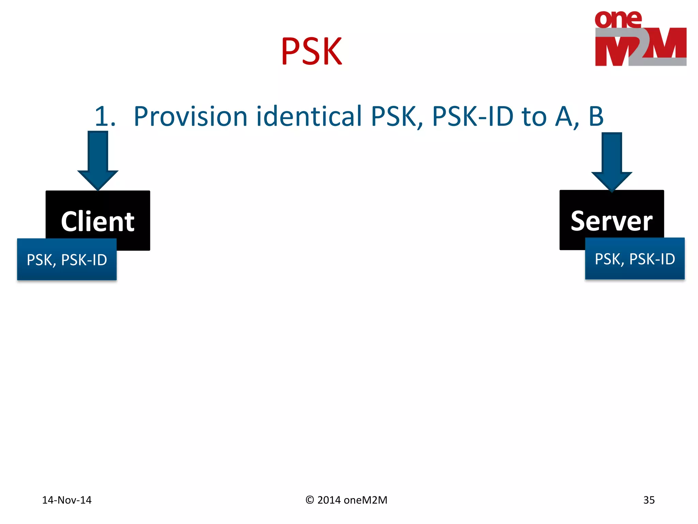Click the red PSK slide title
click(x=312, y=52)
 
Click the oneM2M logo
click(x=640, y=38)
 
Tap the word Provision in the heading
click(x=191, y=117)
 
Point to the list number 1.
click(x=105, y=117)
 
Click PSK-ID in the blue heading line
click(x=472, y=117)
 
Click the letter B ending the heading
click(x=596, y=117)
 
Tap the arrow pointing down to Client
click(x=98, y=160)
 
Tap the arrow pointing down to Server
click(x=612, y=162)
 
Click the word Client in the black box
click(x=98, y=222)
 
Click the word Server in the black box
click(x=611, y=221)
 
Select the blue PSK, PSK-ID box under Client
click(x=67, y=260)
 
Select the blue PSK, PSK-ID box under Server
click(x=635, y=259)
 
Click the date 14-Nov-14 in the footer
click(x=67, y=500)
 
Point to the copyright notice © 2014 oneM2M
click(x=346, y=500)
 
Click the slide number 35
click(x=649, y=500)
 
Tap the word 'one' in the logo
click(x=618, y=19)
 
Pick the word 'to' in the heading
click(x=534, y=117)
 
